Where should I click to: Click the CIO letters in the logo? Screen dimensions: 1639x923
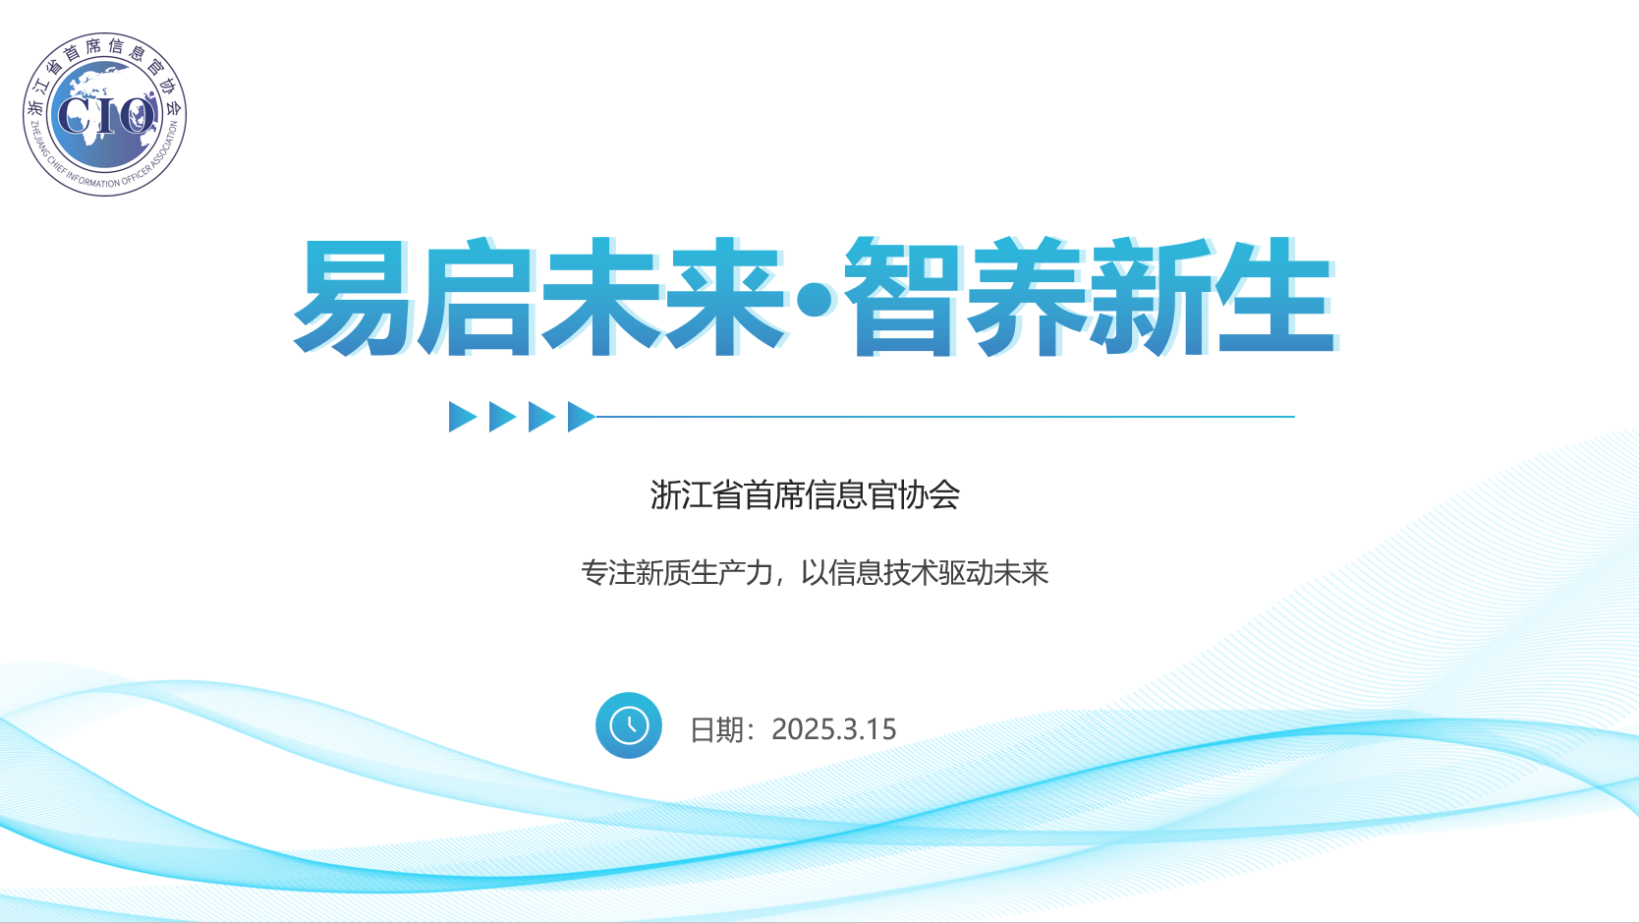[x=105, y=116]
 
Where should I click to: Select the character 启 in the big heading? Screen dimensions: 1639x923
[x=477, y=297]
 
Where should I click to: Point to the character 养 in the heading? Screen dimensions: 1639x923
[x=1027, y=297]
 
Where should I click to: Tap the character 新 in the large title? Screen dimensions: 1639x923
[x=1151, y=297]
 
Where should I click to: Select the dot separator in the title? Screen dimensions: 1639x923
[x=815, y=300]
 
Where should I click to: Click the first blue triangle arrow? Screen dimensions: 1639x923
[x=463, y=417]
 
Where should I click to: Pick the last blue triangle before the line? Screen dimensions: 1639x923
[x=582, y=417]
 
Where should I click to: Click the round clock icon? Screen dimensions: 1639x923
[x=629, y=725]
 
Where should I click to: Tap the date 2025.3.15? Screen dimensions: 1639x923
[x=833, y=729]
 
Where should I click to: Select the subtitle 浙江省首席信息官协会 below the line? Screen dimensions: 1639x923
[x=805, y=494]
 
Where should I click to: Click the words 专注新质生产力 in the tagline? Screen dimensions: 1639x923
[x=677, y=572]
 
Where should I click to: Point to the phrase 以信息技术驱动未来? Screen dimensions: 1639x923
[x=925, y=572]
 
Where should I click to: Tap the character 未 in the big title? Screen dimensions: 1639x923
[x=600, y=297]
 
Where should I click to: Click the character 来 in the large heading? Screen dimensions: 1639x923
[x=724, y=297]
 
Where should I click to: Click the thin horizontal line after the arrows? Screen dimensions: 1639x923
[x=945, y=417]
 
